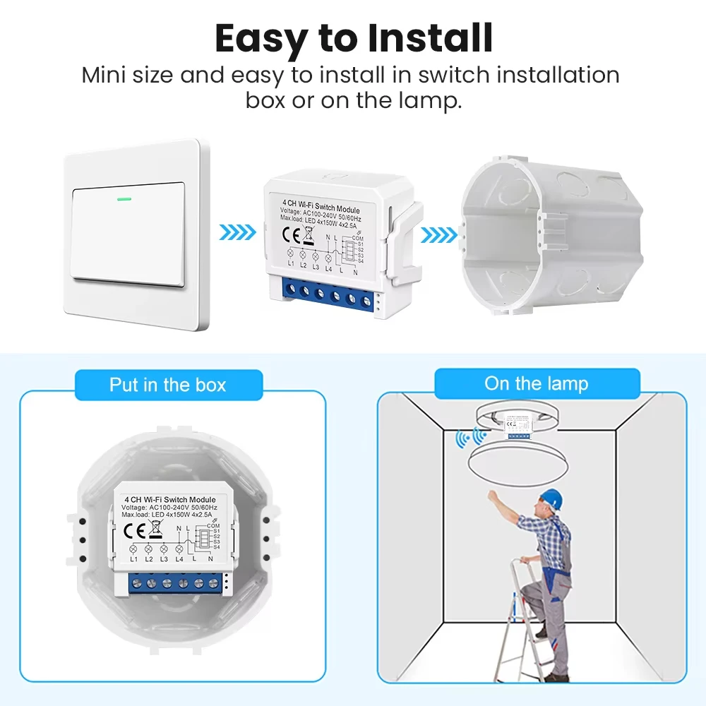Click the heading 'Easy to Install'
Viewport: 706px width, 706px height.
pyautogui.click(x=353, y=39)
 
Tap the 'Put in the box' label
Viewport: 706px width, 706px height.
pyautogui.click(x=167, y=385)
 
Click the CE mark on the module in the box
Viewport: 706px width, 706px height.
pyautogui.click(x=136, y=527)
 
